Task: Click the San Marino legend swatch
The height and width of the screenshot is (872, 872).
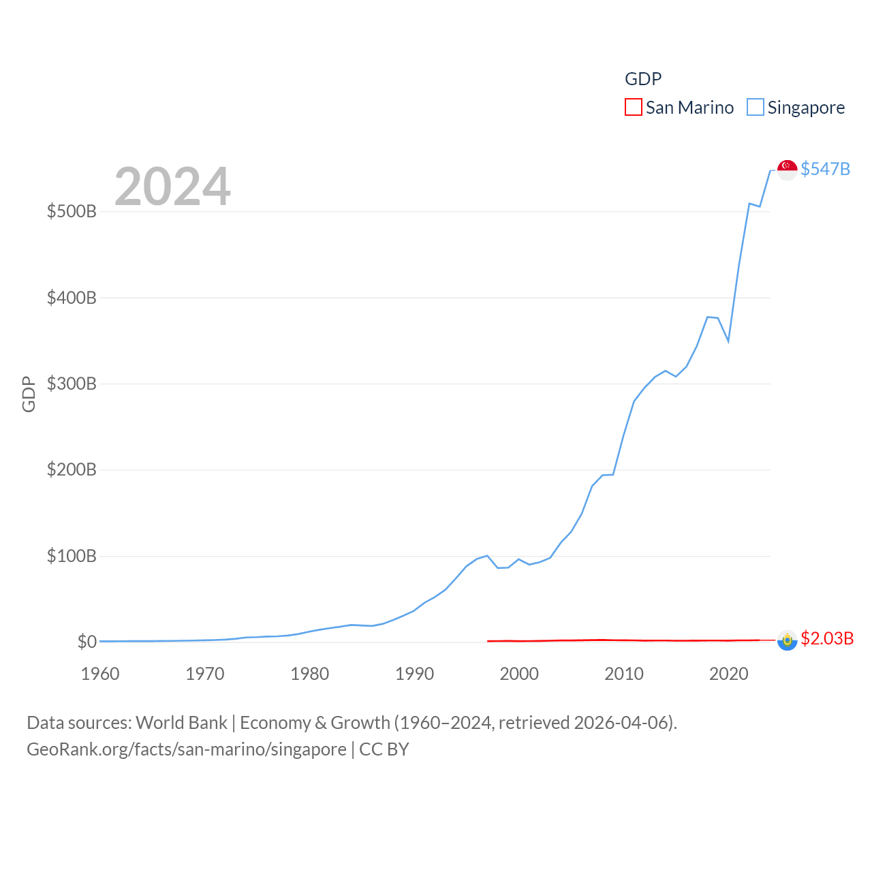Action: click(x=633, y=108)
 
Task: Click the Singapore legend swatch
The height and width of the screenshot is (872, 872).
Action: click(x=755, y=108)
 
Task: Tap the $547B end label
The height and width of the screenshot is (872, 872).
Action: click(x=825, y=169)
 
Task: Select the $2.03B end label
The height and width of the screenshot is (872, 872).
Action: click(x=827, y=638)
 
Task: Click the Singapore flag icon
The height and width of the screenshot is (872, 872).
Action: click(x=788, y=170)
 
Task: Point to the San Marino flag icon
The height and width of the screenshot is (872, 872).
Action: click(x=788, y=640)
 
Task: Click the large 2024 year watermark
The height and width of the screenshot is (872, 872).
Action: click(x=172, y=187)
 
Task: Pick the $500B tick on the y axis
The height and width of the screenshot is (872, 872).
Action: click(x=72, y=211)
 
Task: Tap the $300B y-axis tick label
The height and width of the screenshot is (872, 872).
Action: click(x=72, y=384)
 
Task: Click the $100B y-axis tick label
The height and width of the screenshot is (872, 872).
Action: click(x=72, y=556)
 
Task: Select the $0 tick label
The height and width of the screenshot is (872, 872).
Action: click(x=87, y=642)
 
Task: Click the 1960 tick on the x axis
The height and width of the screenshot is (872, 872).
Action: click(x=100, y=674)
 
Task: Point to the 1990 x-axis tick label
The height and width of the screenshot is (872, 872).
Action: click(x=414, y=674)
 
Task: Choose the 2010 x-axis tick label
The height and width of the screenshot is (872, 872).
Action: click(x=624, y=674)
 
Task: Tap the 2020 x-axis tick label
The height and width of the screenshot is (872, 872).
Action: click(x=729, y=674)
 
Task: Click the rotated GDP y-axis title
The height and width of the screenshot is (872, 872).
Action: click(x=29, y=394)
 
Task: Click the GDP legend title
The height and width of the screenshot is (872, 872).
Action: click(x=643, y=79)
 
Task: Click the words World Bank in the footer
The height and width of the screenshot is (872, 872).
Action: click(x=181, y=722)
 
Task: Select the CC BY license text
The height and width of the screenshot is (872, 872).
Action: click(x=384, y=749)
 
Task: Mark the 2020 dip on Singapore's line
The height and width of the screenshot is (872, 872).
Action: click(x=729, y=341)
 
